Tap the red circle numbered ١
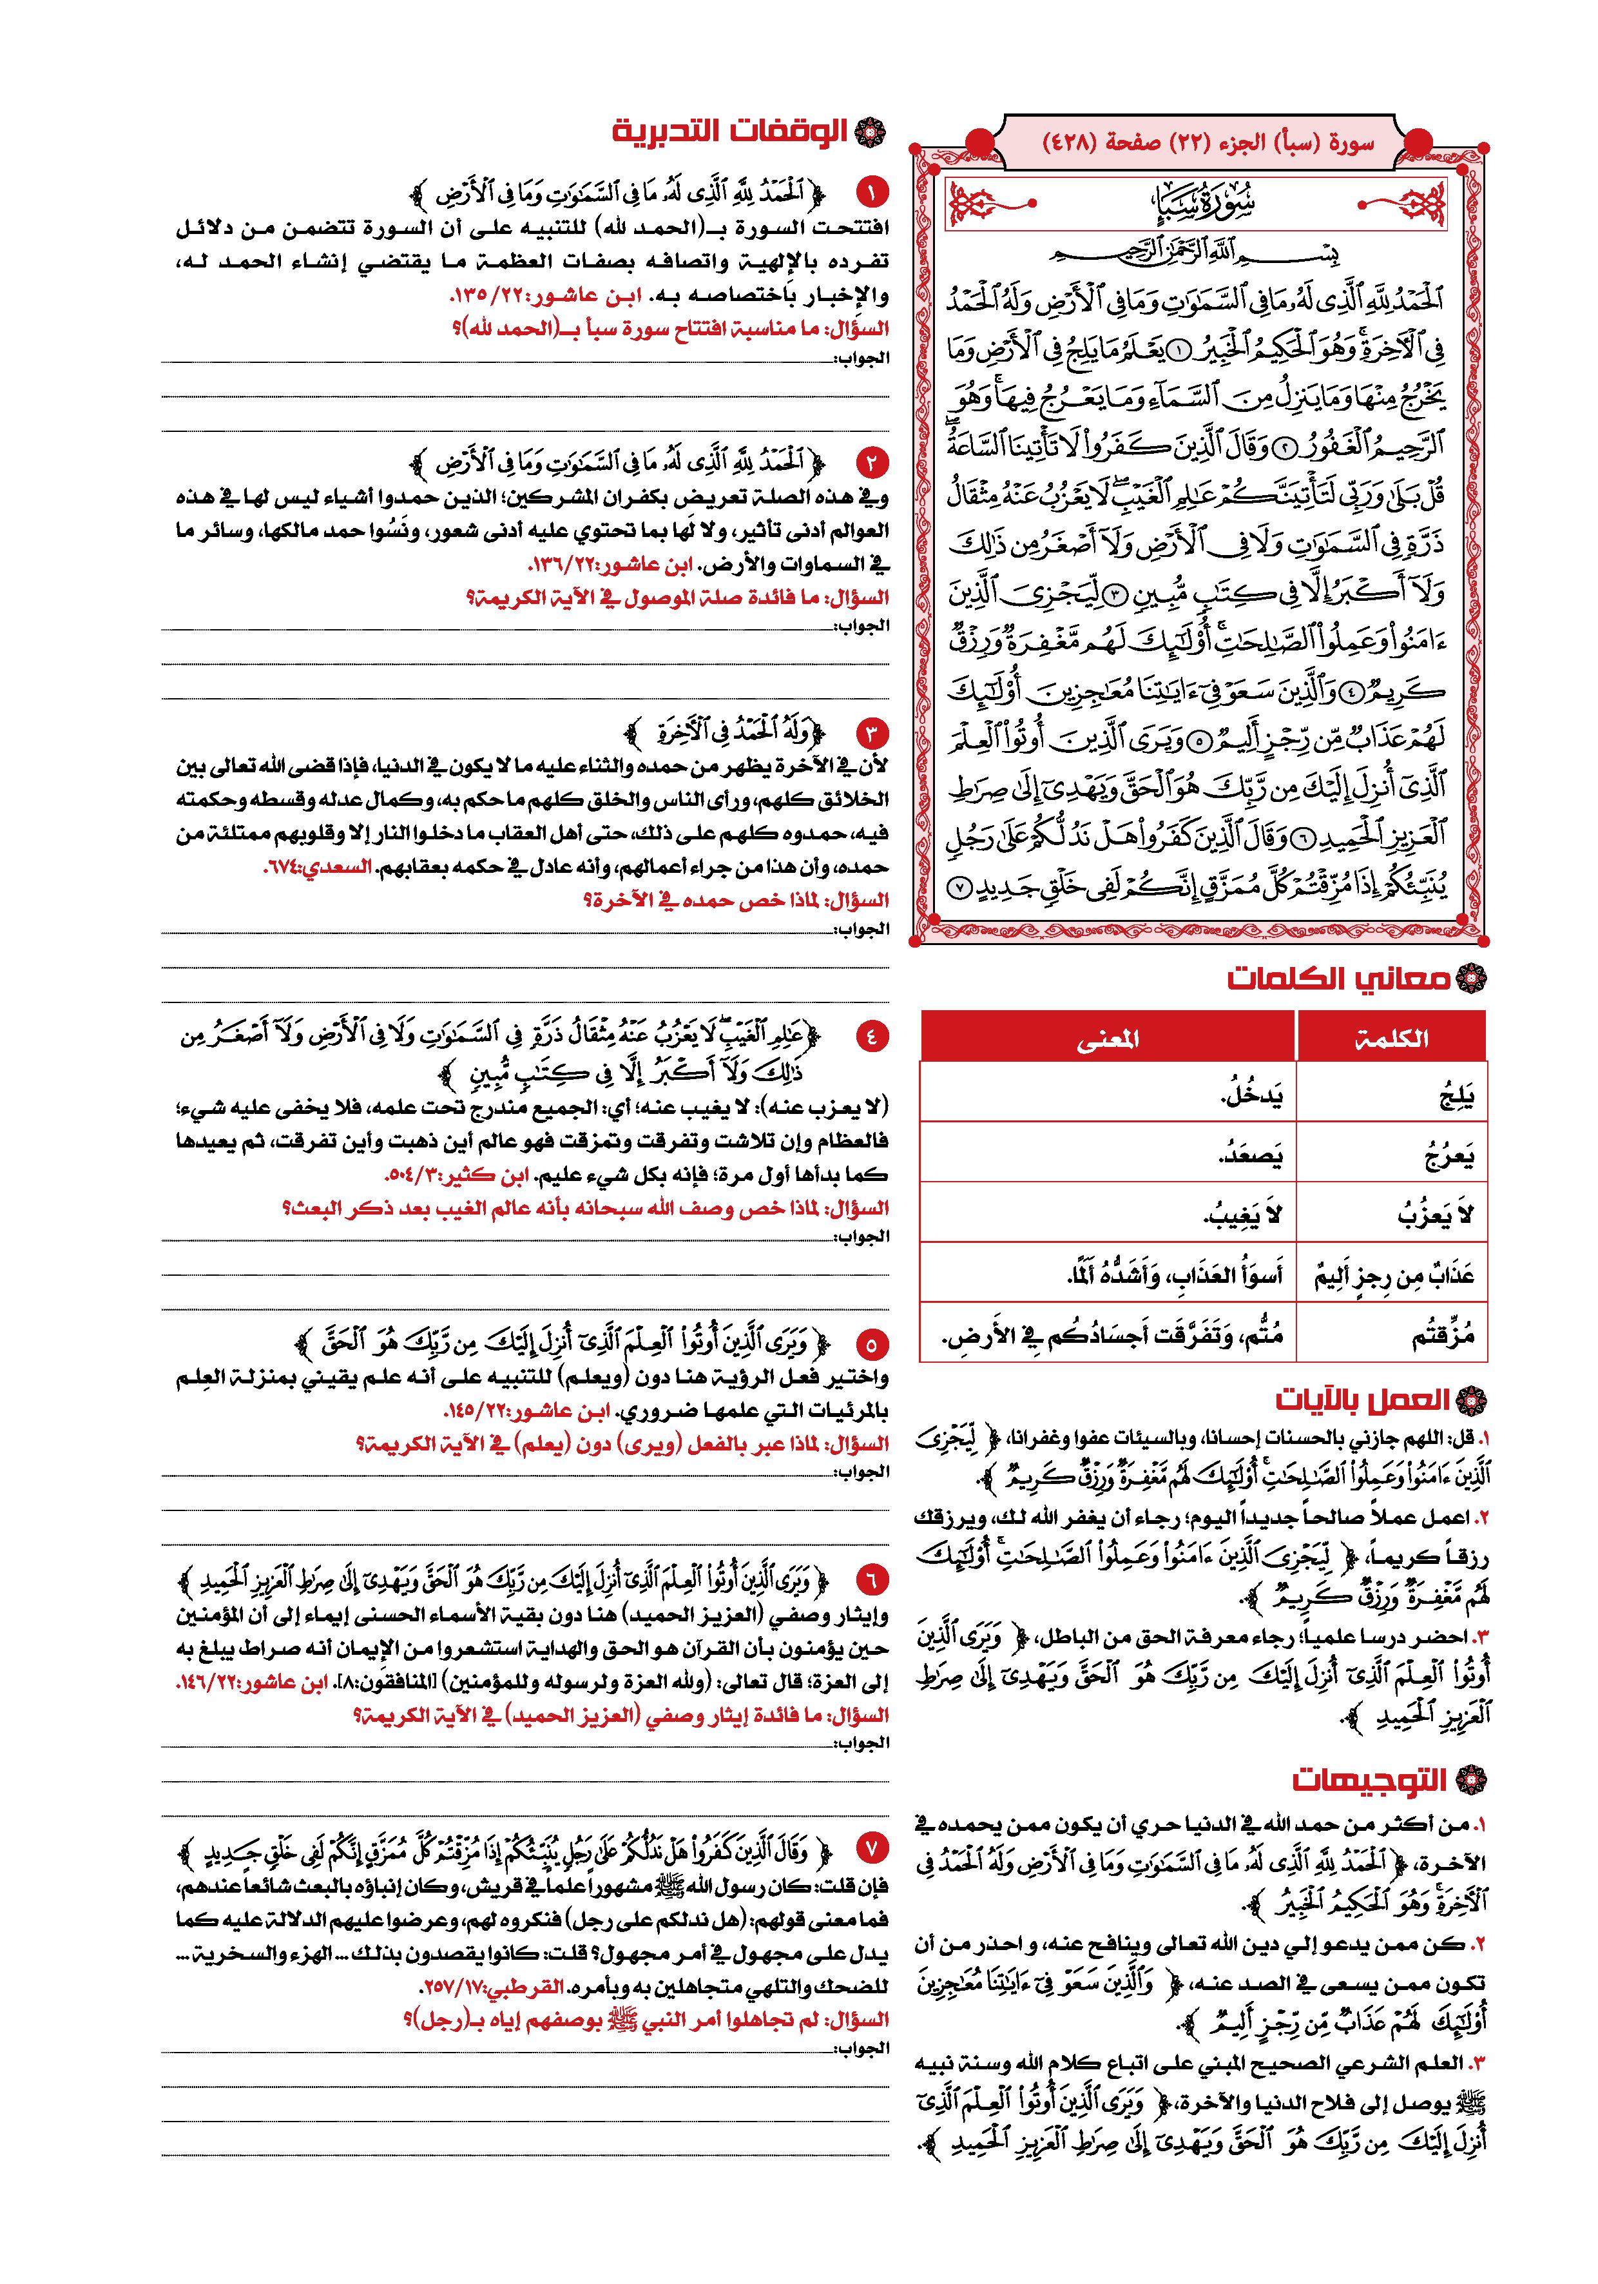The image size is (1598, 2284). click(872, 191)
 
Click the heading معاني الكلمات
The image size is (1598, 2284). click(1338, 980)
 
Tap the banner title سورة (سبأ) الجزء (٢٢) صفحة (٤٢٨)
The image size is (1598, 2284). click(1208, 142)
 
